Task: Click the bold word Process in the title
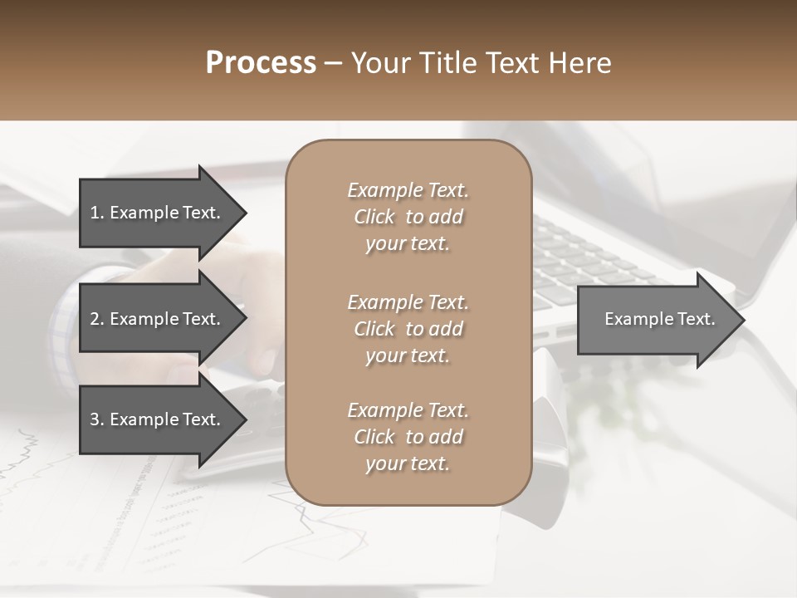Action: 261,63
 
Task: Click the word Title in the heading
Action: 447,63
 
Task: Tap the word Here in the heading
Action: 580,63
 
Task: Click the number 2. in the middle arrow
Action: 96,319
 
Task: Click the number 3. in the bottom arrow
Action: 96,419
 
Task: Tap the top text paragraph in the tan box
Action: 408,217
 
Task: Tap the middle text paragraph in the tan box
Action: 408,329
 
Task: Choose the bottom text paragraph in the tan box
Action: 408,437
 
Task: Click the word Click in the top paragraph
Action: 374,217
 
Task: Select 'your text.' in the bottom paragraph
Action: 408,463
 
